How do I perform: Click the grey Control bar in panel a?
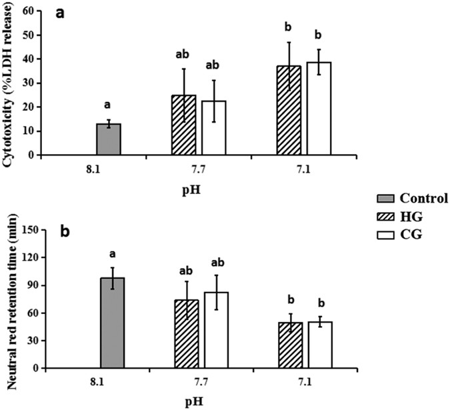coord(108,139)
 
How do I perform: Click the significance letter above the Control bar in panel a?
coord(108,105)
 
